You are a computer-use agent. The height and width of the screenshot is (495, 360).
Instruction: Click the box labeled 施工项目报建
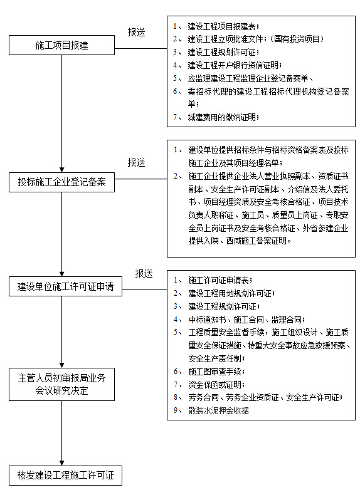61,45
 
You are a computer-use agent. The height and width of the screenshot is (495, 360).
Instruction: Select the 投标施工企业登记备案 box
61,182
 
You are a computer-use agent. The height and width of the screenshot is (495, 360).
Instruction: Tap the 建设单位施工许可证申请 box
65,286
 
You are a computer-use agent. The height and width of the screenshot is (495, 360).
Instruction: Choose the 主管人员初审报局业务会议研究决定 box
61,384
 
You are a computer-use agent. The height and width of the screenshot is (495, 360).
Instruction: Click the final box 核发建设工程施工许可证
65,475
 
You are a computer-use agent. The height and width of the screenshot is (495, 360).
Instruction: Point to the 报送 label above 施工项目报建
136,32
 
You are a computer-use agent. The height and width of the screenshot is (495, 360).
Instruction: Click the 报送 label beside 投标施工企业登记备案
136,162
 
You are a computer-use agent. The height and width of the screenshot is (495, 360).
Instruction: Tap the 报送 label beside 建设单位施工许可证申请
144,273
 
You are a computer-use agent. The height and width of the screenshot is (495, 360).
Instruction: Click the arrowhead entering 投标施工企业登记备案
62,170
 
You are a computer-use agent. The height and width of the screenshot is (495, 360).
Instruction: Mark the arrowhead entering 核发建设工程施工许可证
62,463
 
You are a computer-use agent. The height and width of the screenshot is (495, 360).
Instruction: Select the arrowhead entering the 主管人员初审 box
62,365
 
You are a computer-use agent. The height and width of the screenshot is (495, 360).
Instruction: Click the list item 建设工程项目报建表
223,26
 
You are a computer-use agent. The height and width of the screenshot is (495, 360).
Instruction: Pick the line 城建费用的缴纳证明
223,117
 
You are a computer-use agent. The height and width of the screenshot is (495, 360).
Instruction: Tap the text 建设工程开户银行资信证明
235,65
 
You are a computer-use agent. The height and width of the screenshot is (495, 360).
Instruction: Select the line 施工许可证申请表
220,280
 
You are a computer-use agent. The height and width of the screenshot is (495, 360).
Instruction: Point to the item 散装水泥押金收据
218,410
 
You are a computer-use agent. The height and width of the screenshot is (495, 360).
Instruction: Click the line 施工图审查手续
216,372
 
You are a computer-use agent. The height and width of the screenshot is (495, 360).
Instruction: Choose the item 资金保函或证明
216,385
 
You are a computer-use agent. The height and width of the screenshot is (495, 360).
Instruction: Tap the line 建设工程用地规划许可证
231,294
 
